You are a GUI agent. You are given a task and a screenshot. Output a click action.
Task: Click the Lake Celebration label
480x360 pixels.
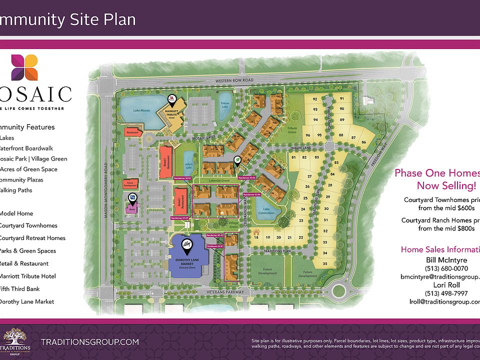266,211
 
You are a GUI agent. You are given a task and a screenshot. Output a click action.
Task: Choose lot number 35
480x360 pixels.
325,263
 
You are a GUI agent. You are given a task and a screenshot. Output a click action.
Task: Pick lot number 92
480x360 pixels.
315,99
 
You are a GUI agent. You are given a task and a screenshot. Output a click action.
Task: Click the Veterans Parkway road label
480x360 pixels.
223,292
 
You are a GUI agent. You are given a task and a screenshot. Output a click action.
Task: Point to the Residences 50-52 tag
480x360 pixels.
182,177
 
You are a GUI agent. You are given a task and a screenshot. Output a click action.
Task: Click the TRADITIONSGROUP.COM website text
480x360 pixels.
89,342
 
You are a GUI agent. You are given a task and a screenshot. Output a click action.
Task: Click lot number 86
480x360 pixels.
364,142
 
